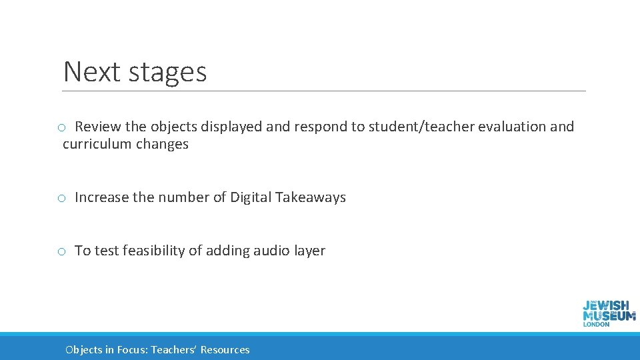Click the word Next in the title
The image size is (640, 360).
coord(90,72)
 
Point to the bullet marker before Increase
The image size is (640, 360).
coord(61,199)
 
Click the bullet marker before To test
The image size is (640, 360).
coord(61,252)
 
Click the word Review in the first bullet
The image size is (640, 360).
coord(97,127)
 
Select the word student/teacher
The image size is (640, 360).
coord(401,127)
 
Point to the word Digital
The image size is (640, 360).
coord(251,197)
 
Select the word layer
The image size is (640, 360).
coord(309,251)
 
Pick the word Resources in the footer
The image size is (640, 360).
coord(225,350)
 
